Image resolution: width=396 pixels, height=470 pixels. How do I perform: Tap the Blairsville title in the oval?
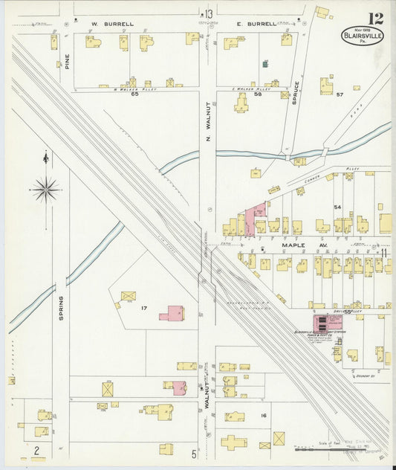pyautogui.click(x=363, y=35)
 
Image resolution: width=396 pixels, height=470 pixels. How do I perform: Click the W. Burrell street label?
pyautogui.click(x=113, y=24)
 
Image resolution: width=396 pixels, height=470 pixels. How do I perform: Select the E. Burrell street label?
pyautogui.click(x=256, y=24)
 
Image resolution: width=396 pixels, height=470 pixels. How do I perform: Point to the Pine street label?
pyautogui.click(x=66, y=59)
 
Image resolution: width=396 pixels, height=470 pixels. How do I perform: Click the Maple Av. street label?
pyautogui.click(x=299, y=243)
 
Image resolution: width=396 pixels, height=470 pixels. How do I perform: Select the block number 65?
pyautogui.click(x=134, y=94)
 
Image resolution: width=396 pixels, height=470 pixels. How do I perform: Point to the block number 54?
pyautogui.click(x=337, y=207)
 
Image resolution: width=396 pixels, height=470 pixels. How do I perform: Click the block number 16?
pyautogui.click(x=262, y=416)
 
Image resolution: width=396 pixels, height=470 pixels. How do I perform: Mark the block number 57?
pyautogui.click(x=340, y=95)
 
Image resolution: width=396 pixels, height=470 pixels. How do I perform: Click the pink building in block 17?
pyautogui.click(x=171, y=312)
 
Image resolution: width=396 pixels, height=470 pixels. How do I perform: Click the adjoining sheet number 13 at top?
pyautogui.click(x=210, y=14)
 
